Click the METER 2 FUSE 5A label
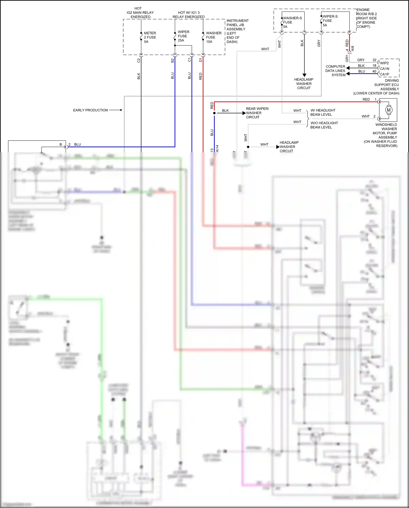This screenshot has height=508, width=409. coord(150,37)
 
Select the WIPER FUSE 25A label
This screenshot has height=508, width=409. coord(183,36)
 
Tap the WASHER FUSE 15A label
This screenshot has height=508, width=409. coord(213,37)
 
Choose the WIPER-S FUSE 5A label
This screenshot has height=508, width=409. coord(330,21)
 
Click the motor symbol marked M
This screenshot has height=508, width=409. coord(389,110)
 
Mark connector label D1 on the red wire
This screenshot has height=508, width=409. coord(200,60)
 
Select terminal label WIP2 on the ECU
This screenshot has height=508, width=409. coord(384,63)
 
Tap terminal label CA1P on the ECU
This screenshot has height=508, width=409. coord(384,74)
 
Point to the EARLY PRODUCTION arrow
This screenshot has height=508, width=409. coord(116,110)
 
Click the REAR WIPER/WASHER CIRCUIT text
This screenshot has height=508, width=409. coord(257,113)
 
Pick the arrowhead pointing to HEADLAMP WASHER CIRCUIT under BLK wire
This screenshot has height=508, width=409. coord(304,75)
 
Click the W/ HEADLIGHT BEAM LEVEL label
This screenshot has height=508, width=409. coord(323,112)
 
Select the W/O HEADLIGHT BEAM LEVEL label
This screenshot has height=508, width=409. coord(324,125)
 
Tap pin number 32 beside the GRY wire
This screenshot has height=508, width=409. coord(374,60)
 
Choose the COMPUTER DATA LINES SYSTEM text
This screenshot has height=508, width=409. coord(335,71)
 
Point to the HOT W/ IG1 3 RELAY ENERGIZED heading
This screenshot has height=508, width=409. coord(188,15)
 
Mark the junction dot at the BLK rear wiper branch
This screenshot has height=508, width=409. coord(214,113)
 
